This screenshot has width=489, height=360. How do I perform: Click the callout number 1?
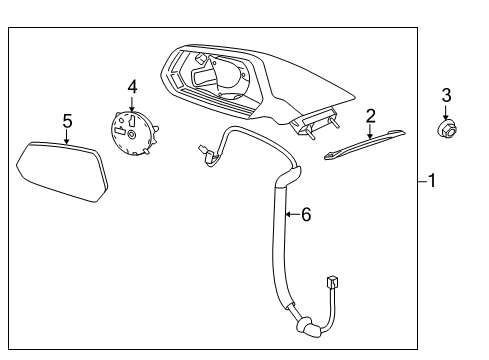(x=431, y=181)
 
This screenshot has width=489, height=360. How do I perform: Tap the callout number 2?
(x=370, y=116)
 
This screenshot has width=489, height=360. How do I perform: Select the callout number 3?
(x=447, y=95)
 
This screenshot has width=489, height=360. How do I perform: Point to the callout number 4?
(x=131, y=86)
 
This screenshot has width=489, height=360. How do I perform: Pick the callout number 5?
(x=67, y=121)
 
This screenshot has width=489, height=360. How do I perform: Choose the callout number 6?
(x=306, y=213)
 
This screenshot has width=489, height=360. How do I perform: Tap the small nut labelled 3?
(x=447, y=127)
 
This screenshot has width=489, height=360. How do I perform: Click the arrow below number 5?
(x=67, y=139)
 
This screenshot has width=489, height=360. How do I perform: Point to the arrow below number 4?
(x=131, y=104)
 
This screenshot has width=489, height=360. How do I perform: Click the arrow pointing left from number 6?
(x=290, y=213)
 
